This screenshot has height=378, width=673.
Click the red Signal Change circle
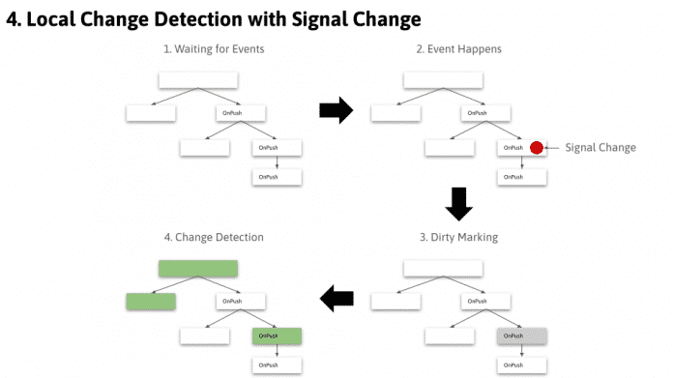[537, 148]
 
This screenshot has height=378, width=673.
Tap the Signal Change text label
[600, 148]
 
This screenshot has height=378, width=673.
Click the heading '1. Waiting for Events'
[213, 48]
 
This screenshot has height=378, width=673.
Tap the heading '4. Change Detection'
[213, 236]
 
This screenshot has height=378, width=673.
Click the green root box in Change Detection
[198, 269]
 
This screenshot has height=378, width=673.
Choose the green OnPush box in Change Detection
[278, 335]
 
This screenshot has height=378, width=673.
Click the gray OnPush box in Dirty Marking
[522, 335]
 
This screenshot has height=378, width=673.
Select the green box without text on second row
[151, 302]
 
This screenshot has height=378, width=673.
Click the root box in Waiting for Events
[198, 80]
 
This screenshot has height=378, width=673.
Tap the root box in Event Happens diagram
[443, 80]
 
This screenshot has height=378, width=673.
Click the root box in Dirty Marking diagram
[443, 269]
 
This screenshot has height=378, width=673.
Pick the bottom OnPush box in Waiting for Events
[278, 178]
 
